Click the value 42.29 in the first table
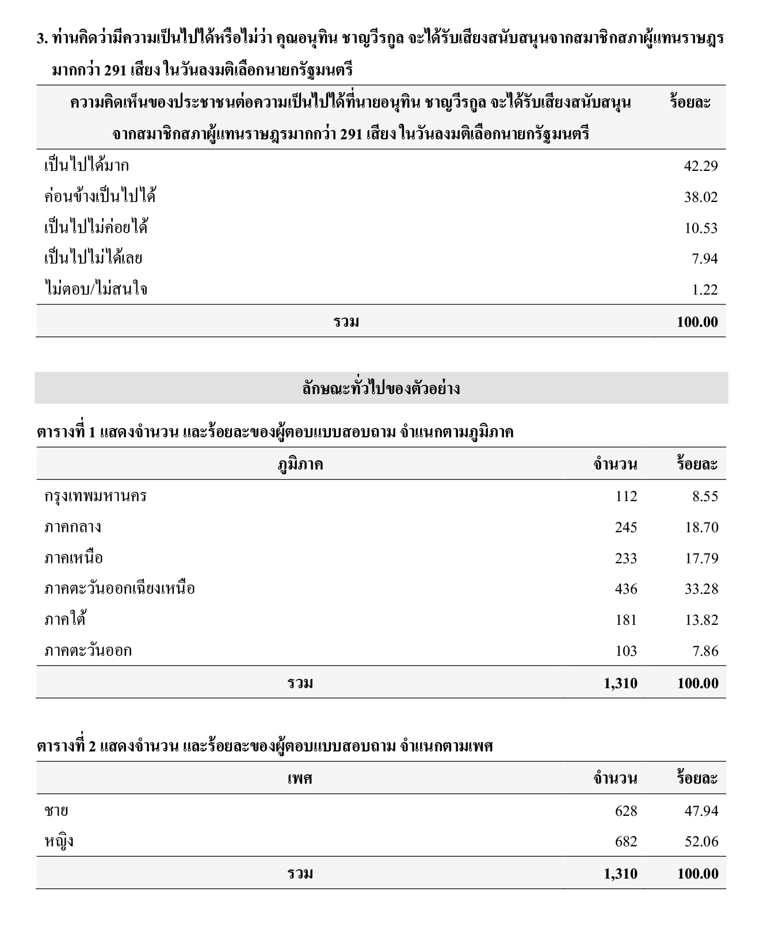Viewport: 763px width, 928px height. pyautogui.click(x=700, y=166)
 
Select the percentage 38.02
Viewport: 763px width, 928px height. pyautogui.click(x=700, y=197)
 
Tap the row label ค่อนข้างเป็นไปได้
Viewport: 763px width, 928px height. pyautogui.click(x=100, y=197)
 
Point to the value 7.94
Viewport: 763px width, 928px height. pyautogui.click(x=705, y=258)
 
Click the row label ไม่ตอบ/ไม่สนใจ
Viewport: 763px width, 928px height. pyautogui.click(x=96, y=289)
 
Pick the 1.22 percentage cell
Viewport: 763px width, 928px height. pyautogui.click(x=705, y=289)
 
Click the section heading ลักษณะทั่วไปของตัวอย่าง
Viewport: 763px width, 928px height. pyautogui.click(x=381, y=388)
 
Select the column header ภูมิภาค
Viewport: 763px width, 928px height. pyautogui.click(x=300, y=464)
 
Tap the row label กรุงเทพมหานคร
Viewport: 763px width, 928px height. pyautogui.click(x=96, y=496)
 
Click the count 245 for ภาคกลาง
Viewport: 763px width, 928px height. pyautogui.click(x=625, y=527)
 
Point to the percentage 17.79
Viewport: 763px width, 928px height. pyautogui.click(x=701, y=558)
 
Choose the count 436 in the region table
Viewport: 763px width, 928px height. pyautogui.click(x=625, y=589)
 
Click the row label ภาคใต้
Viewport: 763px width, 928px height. pyautogui.click(x=65, y=620)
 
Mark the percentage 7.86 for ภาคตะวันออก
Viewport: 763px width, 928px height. pyautogui.click(x=705, y=651)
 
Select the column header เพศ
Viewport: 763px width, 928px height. pyautogui.click(x=300, y=778)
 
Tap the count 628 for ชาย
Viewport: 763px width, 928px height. pyautogui.click(x=625, y=811)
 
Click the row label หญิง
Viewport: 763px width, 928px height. pyautogui.click(x=59, y=842)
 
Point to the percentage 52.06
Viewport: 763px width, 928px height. pyautogui.click(x=701, y=842)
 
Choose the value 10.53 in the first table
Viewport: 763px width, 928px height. pyautogui.click(x=700, y=228)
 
